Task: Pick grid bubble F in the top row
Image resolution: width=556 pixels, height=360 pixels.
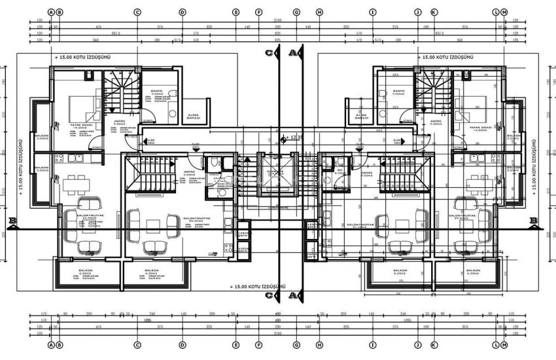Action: (x=259, y=12)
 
